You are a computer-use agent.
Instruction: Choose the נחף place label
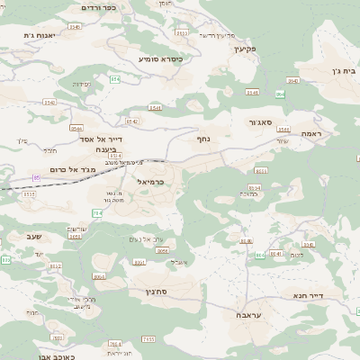[203, 139]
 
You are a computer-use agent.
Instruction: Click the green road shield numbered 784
[96, 211]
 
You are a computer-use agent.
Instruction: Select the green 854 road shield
[114, 79]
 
